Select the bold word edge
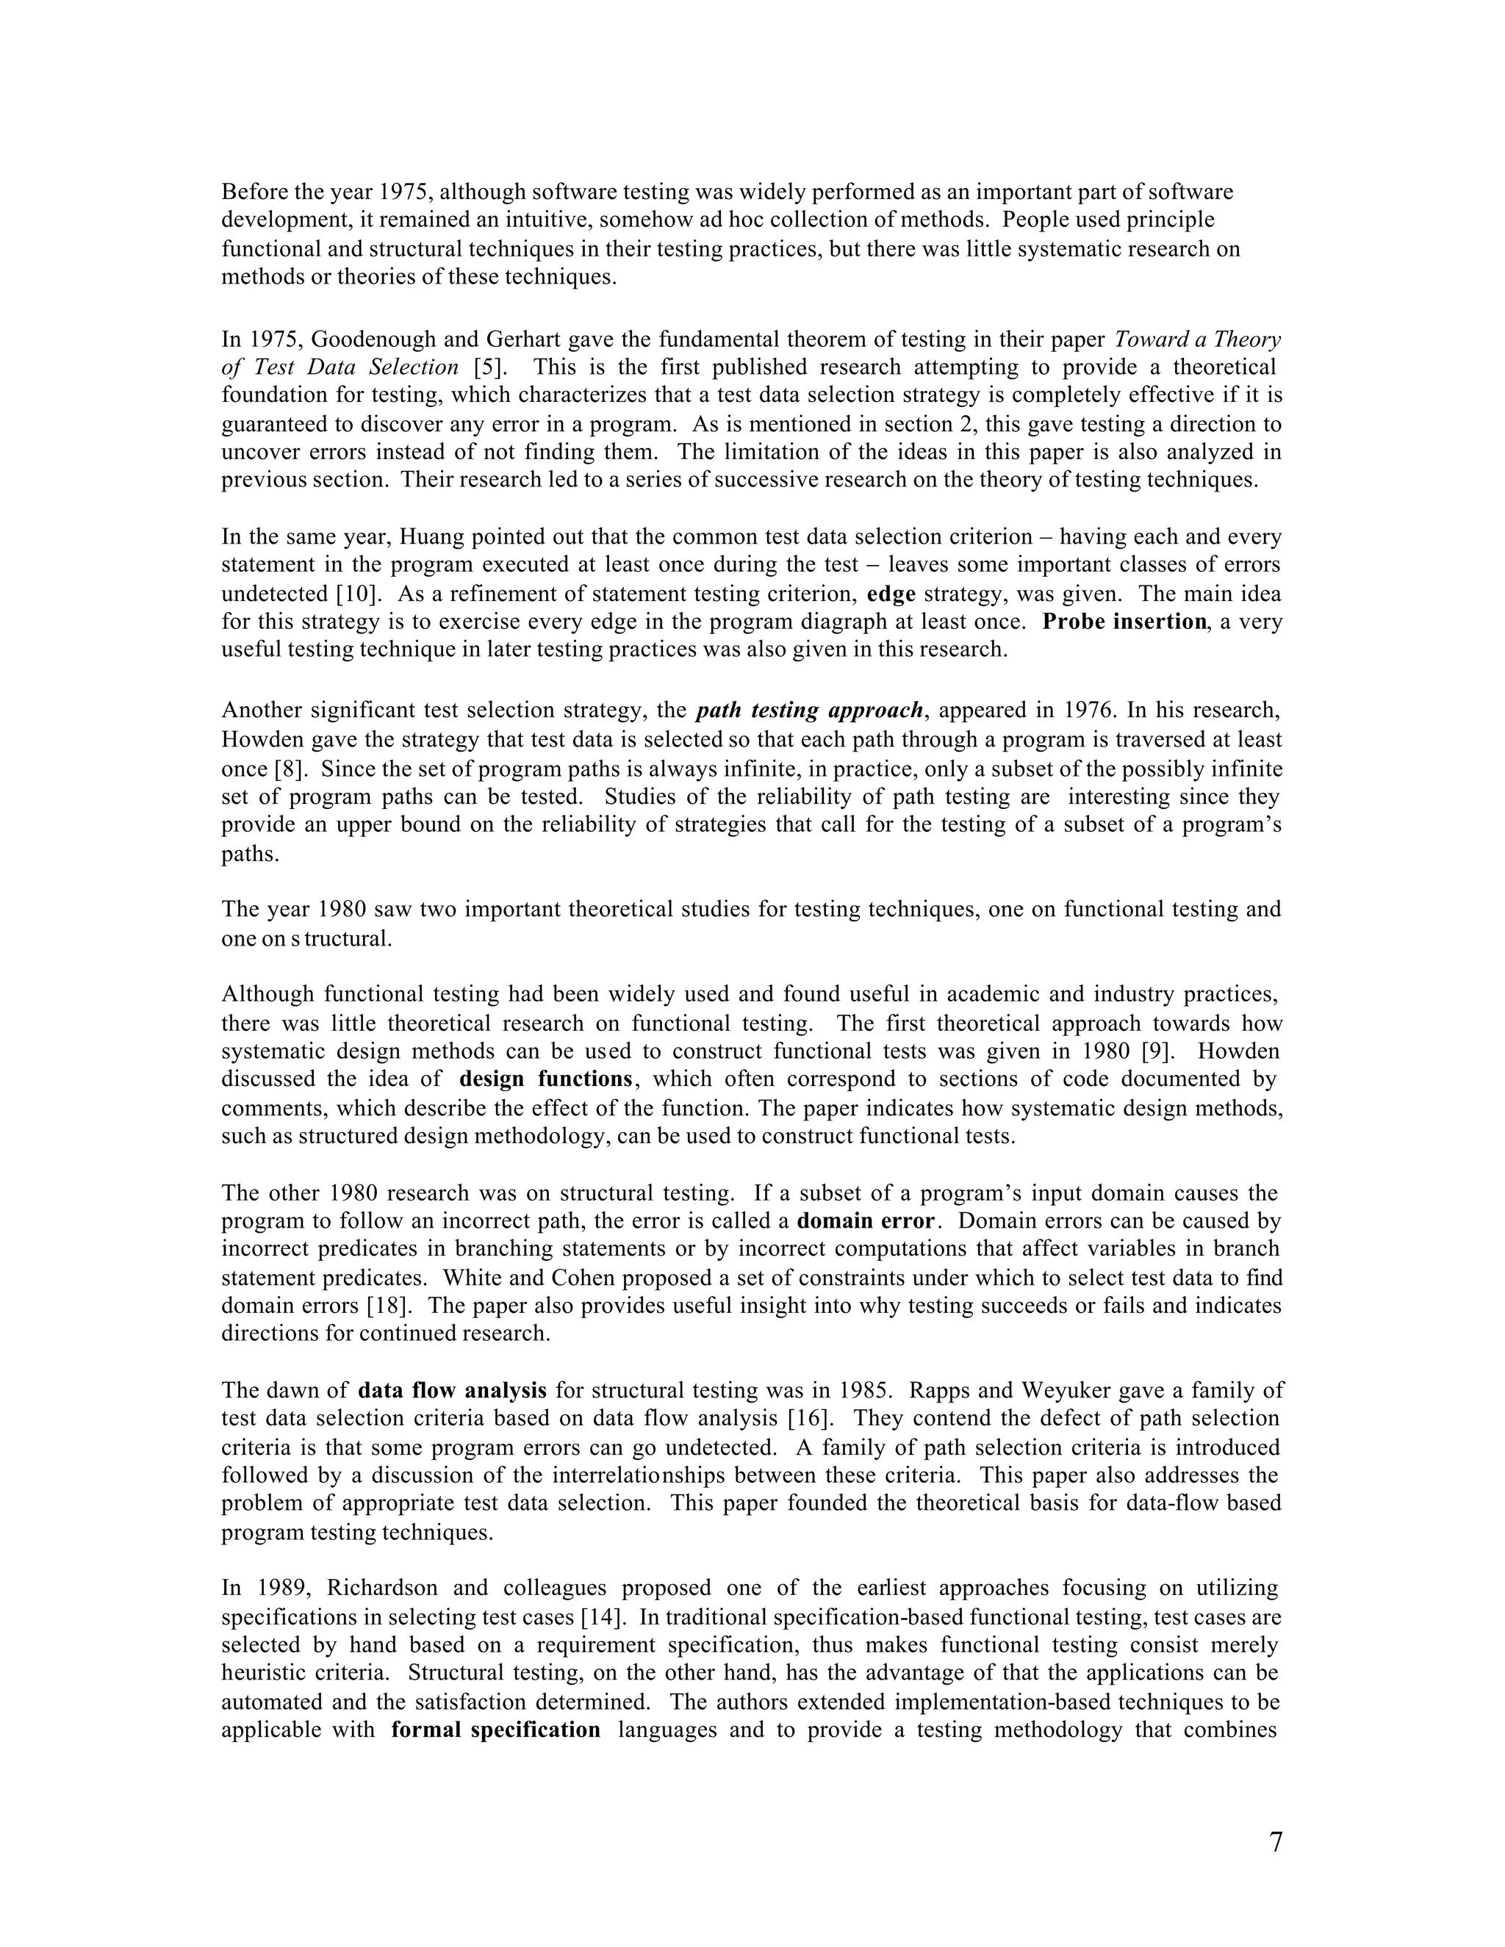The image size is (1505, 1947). [891, 594]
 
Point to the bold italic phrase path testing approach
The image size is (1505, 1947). [810, 710]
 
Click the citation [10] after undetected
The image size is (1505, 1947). [351, 594]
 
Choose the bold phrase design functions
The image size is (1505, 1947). [546, 1079]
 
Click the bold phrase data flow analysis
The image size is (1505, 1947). [452, 1390]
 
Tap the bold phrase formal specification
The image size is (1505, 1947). [496, 1730]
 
